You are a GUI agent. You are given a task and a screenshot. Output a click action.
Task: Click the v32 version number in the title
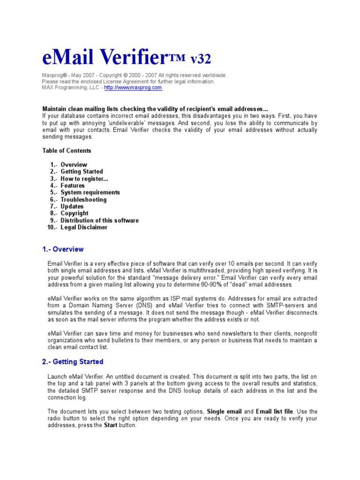point(200,59)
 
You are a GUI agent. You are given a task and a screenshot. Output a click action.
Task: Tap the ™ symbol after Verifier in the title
point(178,58)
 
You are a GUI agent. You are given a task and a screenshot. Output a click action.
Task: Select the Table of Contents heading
point(67,150)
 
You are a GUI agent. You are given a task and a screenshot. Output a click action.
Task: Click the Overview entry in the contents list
point(74,165)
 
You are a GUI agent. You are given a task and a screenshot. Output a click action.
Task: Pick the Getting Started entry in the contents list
point(82,172)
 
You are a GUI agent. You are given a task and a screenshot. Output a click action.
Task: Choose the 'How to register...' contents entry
point(84,179)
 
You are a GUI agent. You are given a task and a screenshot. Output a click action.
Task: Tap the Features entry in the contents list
point(73,186)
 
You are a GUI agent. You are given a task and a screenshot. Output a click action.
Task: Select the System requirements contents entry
point(90,192)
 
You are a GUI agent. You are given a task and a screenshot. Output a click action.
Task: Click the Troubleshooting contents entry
point(83,200)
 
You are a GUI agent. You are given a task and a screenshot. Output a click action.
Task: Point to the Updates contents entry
point(72,206)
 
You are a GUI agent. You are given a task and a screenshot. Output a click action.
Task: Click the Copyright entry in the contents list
point(74,213)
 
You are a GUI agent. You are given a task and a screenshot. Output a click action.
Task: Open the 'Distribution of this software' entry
point(99,220)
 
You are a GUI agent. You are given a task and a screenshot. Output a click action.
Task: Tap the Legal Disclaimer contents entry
point(84,227)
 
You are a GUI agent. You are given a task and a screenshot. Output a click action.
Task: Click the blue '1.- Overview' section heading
point(63,249)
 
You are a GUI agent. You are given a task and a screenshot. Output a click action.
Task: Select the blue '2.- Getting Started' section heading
point(73,362)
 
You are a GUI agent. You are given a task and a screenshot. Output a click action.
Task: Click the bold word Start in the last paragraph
point(111,426)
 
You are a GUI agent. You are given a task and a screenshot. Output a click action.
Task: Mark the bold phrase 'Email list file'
point(274,412)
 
